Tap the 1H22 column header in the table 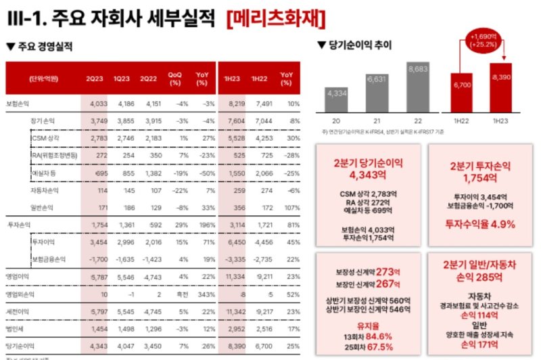258,78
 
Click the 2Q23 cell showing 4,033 98,104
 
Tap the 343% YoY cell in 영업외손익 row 201,294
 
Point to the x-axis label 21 376,121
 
